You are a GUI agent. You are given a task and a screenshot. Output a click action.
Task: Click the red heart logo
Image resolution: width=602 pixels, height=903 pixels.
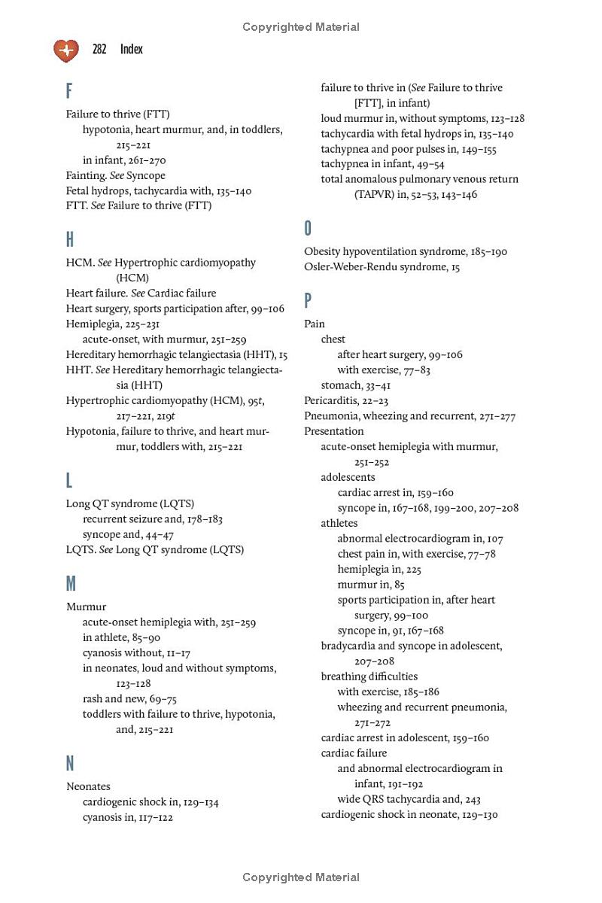tap(66, 50)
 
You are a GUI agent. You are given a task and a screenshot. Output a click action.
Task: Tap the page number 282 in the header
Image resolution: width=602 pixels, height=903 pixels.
tap(99, 50)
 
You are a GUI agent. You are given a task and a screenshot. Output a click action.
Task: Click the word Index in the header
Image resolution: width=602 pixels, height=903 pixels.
tap(131, 50)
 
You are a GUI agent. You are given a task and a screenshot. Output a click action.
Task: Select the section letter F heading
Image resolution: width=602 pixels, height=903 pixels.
tap(69, 92)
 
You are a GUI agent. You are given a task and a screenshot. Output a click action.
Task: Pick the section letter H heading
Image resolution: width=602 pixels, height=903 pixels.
tap(70, 240)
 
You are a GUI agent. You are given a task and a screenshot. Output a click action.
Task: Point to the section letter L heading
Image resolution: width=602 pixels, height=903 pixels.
tap(69, 481)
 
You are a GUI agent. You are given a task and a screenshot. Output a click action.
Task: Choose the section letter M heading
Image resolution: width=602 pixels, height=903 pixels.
tap(71, 584)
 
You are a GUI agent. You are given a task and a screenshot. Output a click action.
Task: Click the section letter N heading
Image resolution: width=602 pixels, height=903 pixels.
tap(70, 764)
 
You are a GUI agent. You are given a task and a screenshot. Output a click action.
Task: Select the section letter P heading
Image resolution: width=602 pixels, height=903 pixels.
tap(308, 301)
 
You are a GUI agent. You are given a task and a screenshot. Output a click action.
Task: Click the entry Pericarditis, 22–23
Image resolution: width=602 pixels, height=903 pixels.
tap(346, 400)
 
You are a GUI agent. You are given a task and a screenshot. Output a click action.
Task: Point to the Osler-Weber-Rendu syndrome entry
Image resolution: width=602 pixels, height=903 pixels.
tap(382, 267)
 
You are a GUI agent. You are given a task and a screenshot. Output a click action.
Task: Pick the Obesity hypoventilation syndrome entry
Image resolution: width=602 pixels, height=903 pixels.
tap(406, 251)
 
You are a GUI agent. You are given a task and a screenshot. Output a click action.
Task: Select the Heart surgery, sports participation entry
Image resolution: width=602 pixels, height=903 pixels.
tap(175, 309)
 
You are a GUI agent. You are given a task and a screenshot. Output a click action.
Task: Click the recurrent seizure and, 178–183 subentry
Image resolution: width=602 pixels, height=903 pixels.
tap(153, 519)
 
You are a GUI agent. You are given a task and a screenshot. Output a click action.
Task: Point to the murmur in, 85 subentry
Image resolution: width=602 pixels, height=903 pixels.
tap(371, 584)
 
